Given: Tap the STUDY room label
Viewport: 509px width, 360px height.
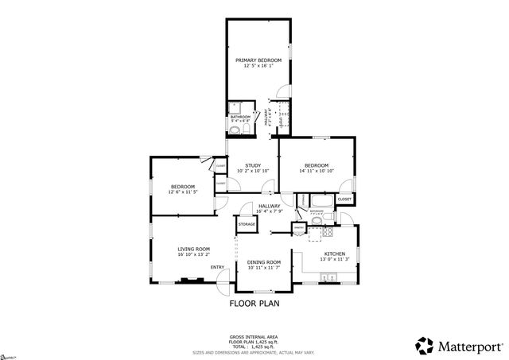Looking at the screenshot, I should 252,165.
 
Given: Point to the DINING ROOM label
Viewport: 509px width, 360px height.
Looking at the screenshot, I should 263,262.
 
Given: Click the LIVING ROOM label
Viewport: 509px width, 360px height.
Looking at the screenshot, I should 193,250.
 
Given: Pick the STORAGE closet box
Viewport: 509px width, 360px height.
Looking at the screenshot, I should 246,225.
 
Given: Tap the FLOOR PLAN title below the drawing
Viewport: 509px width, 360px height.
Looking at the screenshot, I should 254,303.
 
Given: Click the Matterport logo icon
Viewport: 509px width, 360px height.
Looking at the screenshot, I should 425,344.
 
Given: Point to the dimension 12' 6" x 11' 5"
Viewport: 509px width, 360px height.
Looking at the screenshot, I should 182,192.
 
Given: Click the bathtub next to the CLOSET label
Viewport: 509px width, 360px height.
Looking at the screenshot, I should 321,199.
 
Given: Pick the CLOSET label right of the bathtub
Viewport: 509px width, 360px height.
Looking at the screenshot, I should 344,199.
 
